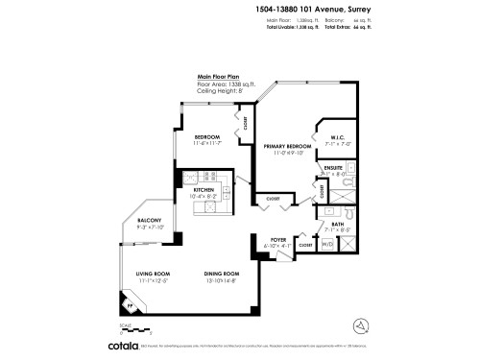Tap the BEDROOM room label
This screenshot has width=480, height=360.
click(207, 136)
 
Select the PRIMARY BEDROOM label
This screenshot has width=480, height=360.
click(284, 145)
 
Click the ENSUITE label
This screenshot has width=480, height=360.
click(334, 167)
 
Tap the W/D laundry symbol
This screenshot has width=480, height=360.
click(327, 245)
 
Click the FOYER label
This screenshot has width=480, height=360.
click(278, 239)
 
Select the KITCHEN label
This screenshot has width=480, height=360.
click(204, 190)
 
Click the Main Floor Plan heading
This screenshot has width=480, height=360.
click(218, 76)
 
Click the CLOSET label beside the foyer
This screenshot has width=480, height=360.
click(305, 246)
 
